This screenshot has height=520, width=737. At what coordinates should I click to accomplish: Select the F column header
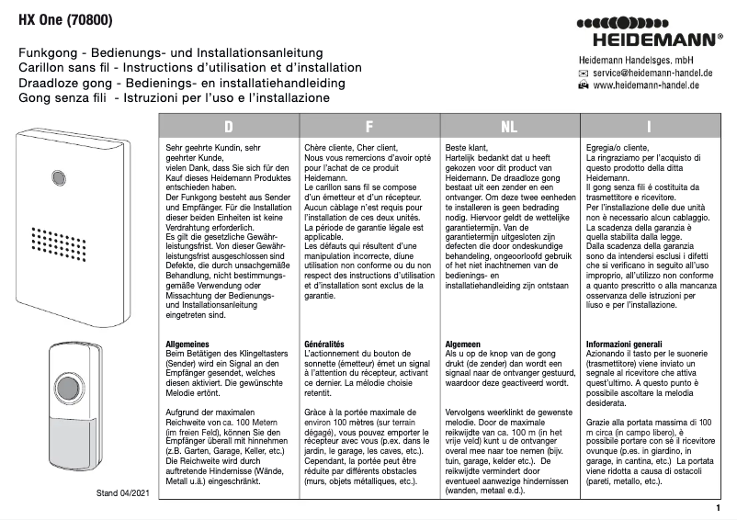tap(368, 127)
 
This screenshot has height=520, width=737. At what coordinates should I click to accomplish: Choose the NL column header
tap(509, 127)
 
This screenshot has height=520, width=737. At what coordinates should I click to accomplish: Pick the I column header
tap(649, 127)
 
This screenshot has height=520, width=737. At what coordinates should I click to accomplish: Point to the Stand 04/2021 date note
tap(122, 493)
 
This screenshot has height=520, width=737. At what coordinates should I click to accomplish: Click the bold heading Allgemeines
tap(188, 344)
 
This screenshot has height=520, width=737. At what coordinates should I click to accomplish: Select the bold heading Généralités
tap(329, 344)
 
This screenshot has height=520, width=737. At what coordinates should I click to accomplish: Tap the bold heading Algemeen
tap(464, 344)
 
